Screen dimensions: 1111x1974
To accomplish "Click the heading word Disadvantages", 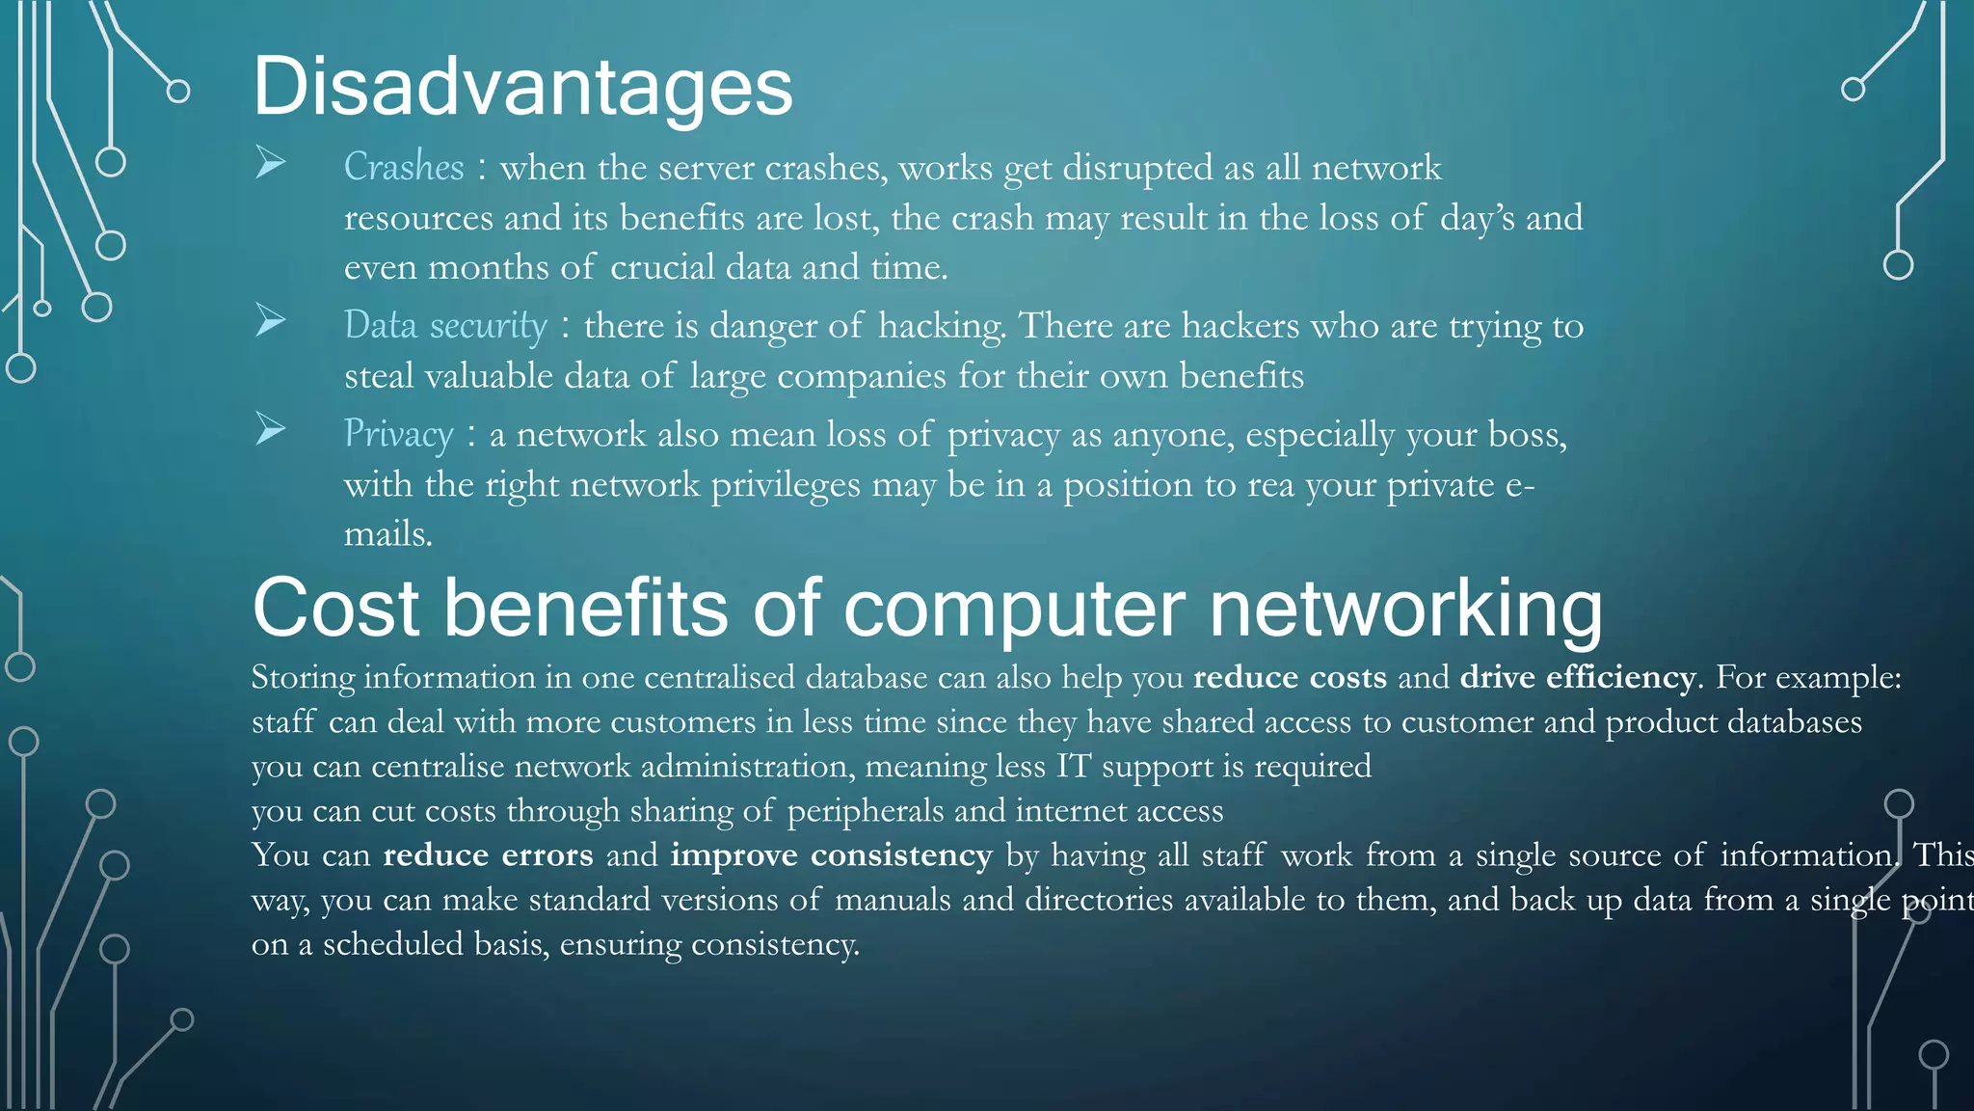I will tap(522, 87).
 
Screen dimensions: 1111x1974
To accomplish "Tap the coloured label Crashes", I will tap(404, 167).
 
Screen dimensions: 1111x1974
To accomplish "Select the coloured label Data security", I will tap(445, 325).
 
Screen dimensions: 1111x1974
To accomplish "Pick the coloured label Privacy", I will tap(398, 434).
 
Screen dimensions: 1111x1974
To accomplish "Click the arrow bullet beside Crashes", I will tap(271, 163).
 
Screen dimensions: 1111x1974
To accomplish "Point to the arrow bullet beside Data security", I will tap(271, 320).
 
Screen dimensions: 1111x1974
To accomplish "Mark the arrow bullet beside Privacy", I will tap(271, 429).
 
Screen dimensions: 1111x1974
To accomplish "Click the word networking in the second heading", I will tap(1405, 610).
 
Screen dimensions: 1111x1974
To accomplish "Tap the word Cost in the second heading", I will tap(335, 610).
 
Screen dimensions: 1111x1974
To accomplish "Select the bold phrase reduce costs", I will tap(1290, 677).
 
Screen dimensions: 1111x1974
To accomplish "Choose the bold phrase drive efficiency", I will tap(1577, 677).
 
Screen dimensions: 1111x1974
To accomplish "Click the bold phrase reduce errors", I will tap(488, 855).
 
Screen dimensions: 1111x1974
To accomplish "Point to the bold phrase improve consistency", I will tap(831, 855).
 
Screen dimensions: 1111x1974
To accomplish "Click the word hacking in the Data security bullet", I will tap(941, 327).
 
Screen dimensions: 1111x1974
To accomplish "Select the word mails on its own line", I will tap(387, 534).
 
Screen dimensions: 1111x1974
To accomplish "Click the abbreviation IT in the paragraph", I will tap(1073, 767).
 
